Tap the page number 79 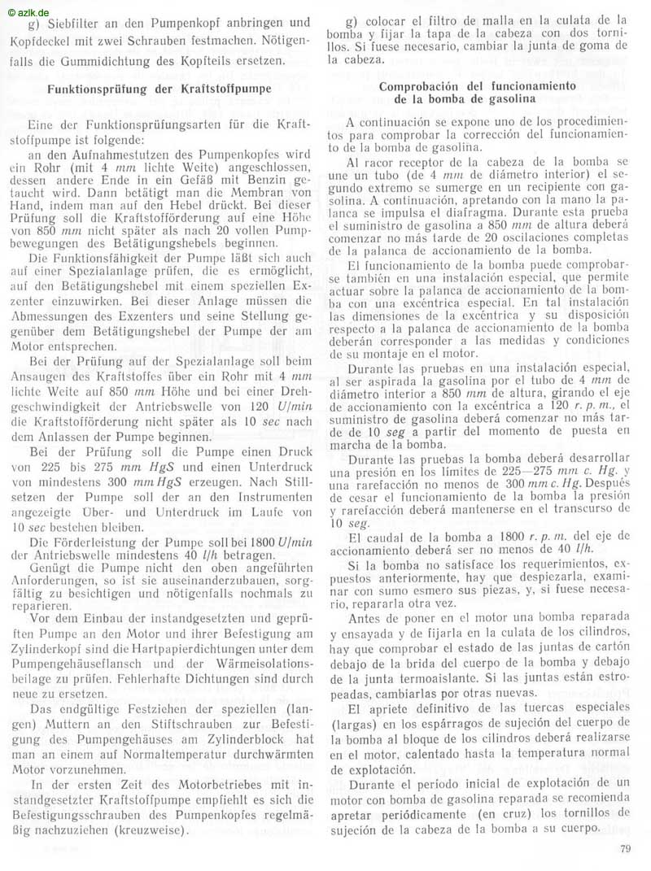coord(624,851)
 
